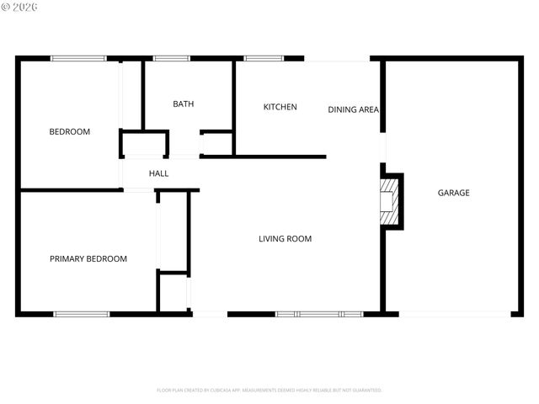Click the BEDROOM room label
pos(69,132)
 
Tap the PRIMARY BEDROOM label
pos(88,259)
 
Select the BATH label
pos(183,104)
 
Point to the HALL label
pos(158,174)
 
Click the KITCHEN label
pos(280,107)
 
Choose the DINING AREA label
pos(353,109)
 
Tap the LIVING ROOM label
pos(285,239)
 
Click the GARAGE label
pos(453,194)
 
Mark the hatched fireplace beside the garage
pos(391,201)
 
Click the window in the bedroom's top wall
pos(78,58)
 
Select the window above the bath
pos(172,58)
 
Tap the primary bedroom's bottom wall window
pos(82,314)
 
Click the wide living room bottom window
pos(319,314)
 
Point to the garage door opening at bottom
pos(455,314)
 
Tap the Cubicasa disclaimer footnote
pos(269,391)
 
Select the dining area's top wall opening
pos(337,59)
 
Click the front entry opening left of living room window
pos(210,314)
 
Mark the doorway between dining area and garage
pos(383,146)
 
